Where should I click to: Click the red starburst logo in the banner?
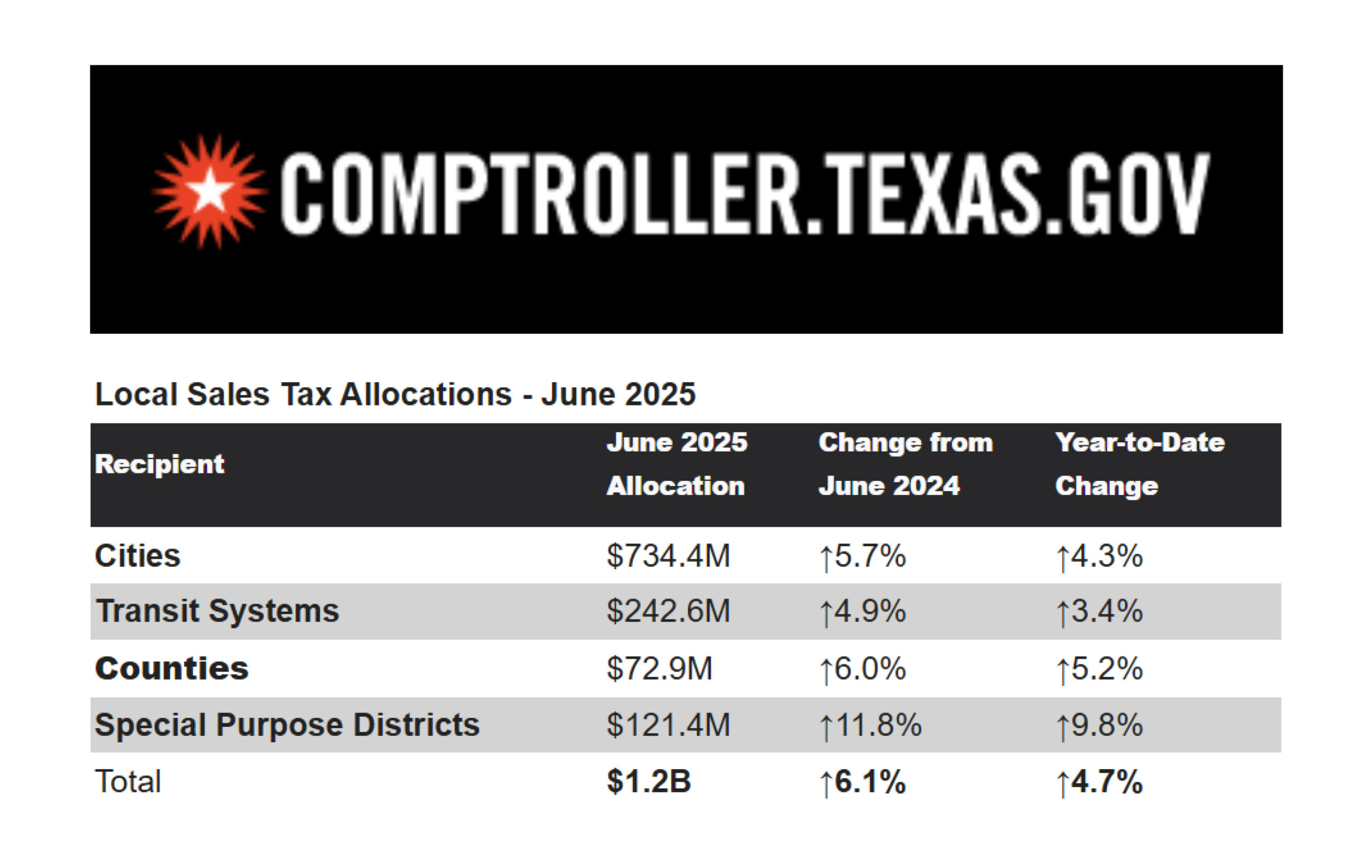209,192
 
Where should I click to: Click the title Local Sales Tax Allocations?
395,394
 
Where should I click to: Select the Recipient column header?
159,464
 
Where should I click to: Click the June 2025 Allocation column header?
676,464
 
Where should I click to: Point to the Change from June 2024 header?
905,464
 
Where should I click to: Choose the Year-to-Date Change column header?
1140,464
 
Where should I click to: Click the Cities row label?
138,556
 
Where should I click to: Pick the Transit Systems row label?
217,611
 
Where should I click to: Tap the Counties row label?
172,669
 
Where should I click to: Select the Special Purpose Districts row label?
287,725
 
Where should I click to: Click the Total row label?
128,782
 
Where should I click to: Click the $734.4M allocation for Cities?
668,556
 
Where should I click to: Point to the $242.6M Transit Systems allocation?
668,611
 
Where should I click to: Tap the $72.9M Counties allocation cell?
659,669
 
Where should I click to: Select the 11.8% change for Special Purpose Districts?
870,725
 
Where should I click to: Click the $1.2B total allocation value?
648,782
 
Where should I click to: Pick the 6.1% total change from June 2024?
862,782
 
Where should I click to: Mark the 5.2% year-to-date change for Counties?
1099,669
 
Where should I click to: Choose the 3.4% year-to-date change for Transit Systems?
1099,612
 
